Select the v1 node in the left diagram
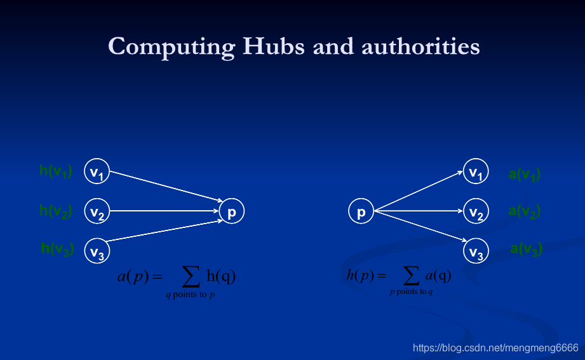click(x=97, y=171)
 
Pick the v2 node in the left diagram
click(x=97, y=211)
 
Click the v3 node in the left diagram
click(x=97, y=251)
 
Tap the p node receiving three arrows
click(x=232, y=211)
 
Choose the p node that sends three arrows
click(x=361, y=211)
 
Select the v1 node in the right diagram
click(x=476, y=171)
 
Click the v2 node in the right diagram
click(x=476, y=211)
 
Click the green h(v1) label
click(x=56, y=171)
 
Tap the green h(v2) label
click(x=56, y=211)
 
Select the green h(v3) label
click(x=57, y=249)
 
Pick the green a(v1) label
click(x=525, y=174)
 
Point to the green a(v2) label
click(x=525, y=212)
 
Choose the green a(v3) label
click(x=526, y=250)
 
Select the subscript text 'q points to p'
click(x=190, y=296)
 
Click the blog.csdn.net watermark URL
click(x=495, y=348)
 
